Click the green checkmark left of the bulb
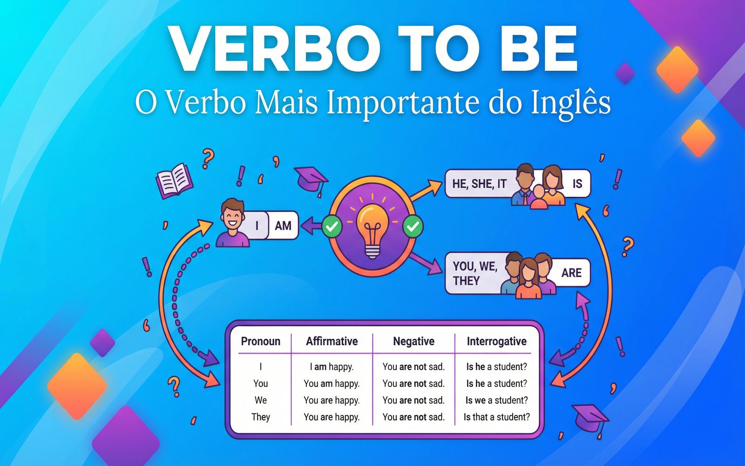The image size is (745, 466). pyautogui.click(x=332, y=227)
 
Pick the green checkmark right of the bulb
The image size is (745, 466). pyautogui.click(x=413, y=227)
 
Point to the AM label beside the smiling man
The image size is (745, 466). pyautogui.click(x=283, y=226)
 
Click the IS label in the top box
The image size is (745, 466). pyautogui.click(x=577, y=184)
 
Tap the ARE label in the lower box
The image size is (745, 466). pyautogui.click(x=571, y=273)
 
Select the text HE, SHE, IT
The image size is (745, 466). pyautogui.click(x=479, y=184)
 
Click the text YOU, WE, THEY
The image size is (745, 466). pyautogui.click(x=474, y=273)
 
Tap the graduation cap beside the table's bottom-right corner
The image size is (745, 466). pyautogui.click(x=589, y=417)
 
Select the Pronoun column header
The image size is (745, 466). pyautogui.click(x=261, y=342)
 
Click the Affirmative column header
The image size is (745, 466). pyautogui.click(x=332, y=342)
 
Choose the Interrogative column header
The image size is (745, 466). pyautogui.click(x=496, y=342)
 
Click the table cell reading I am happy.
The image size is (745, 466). pyautogui.click(x=332, y=367)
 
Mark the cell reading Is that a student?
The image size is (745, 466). pyautogui.click(x=496, y=417)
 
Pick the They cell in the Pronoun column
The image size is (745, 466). pyautogui.click(x=261, y=417)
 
